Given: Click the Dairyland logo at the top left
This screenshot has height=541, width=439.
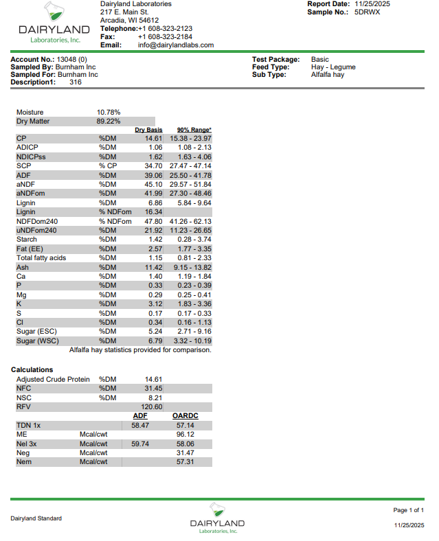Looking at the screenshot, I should (x=54, y=23).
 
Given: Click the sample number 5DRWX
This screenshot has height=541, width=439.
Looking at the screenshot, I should (x=368, y=12).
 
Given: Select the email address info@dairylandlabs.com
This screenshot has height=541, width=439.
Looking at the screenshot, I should (x=176, y=45).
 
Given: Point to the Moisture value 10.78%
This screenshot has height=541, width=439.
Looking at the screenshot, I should (x=109, y=112).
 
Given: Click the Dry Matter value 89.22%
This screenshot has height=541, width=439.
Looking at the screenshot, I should (x=109, y=122).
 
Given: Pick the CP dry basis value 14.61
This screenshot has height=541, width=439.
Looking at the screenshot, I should (x=153, y=138).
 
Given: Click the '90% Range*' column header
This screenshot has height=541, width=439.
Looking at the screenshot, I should (x=194, y=130).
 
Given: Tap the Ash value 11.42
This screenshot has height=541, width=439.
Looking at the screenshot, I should (x=153, y=266).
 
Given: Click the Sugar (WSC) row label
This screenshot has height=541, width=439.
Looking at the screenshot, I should (x=36, y=341).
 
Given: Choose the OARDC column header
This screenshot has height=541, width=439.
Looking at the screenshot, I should (x=185, y=415).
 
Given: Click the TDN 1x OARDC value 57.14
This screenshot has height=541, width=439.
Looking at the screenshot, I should (x=185, y=426).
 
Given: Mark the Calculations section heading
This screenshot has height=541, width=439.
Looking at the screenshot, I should (x=32, y=369).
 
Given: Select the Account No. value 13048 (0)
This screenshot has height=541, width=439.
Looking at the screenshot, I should (x=72, y=60).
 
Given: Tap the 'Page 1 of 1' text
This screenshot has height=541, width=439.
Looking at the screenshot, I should (x=408, y=510).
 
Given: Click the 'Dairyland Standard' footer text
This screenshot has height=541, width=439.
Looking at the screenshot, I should (x=36, y=518).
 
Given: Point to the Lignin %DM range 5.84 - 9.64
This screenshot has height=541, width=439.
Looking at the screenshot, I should (x=194, y=203).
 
